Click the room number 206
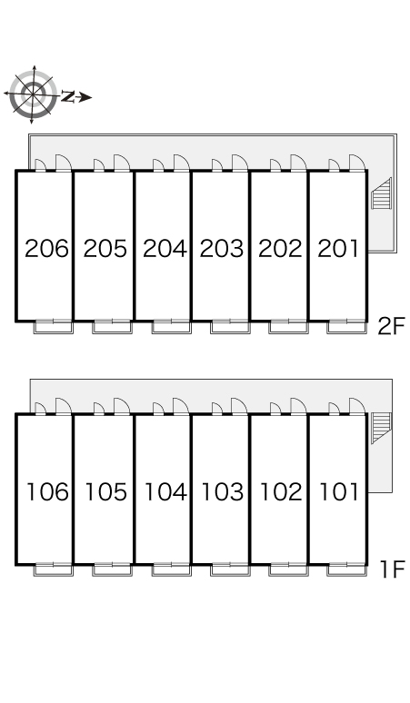pos(46,248)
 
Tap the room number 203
pos(222,248)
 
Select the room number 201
pos(338,248)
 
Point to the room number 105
pos(105,492)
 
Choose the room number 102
pos(281,492)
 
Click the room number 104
pos(165,492)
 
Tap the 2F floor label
pos(391,326)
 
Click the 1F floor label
pos(393,569)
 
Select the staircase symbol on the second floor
pos(381,193)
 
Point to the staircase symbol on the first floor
pos(381,428)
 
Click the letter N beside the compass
pos(68,96)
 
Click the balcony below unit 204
pos(171,327)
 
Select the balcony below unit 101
pos(346,569)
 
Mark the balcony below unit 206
pos(54,327)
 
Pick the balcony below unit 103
pos(230,569)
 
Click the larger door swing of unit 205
pos(122,163)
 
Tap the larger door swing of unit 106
pos(64,406)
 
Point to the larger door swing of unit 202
pos(298,163)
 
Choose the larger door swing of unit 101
pos(357,406)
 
